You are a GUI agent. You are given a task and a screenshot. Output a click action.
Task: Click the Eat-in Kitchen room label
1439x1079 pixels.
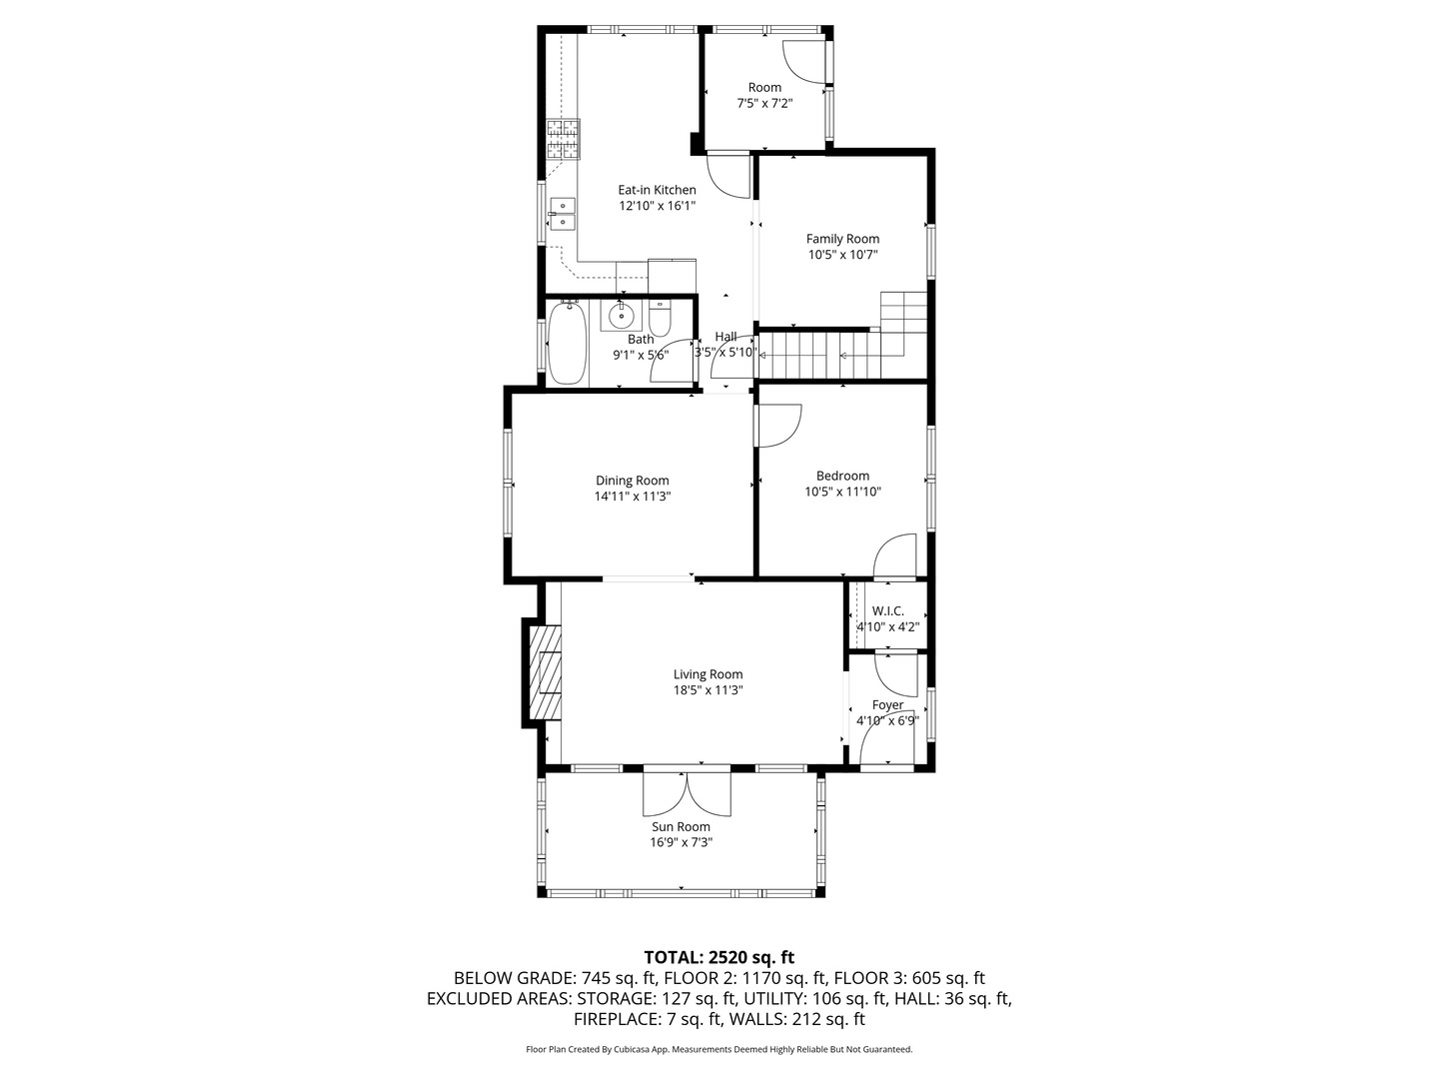coord(657,190)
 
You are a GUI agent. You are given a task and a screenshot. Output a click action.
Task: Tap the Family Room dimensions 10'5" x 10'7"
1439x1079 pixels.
coord(842,255)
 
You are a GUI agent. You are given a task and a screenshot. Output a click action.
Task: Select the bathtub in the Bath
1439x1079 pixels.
coord(567,343)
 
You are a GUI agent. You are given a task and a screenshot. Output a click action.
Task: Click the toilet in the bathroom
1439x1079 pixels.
coord(660,319)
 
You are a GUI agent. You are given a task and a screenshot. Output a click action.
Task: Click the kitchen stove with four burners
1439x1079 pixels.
coord(563,140)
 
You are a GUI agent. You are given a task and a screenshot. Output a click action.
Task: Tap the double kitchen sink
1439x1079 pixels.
coord(562,213)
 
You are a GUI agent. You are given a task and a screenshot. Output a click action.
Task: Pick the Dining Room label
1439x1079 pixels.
coord(632,481)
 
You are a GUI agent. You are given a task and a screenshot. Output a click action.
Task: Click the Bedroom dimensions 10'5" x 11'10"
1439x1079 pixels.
coord(842,492)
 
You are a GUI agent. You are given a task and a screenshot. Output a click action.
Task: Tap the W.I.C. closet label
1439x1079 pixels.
coord(887,611)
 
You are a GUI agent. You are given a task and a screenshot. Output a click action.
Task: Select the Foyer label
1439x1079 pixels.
coord(887,705)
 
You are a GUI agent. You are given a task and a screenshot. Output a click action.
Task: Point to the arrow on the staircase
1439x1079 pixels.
coord(844,355)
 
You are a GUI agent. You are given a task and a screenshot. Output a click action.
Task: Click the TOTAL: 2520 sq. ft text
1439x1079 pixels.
coord(719,957)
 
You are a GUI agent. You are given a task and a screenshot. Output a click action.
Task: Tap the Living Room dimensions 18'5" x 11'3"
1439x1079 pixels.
coord(708,690)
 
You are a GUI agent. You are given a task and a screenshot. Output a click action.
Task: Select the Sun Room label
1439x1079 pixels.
coord(681,826)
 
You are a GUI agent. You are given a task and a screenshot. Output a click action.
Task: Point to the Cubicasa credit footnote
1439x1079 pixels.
coord(719,1049)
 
